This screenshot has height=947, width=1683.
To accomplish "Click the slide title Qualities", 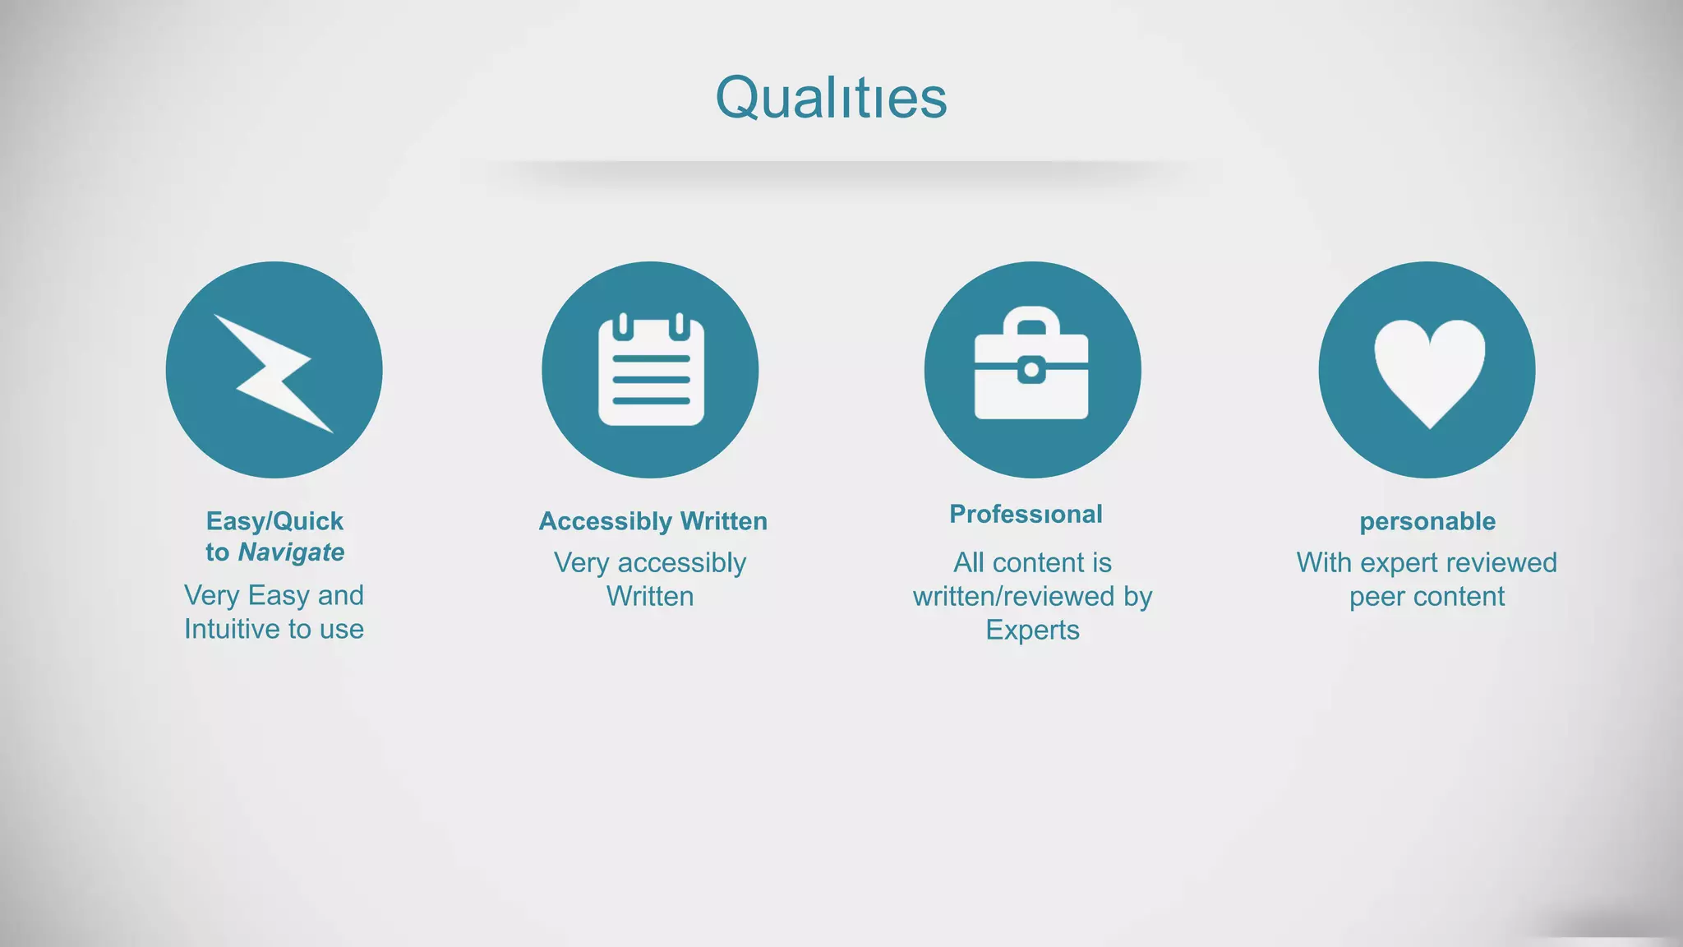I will coord(831,98).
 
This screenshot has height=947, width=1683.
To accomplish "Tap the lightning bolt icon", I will coord(274,372).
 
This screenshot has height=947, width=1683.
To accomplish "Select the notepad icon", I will coord(651,371).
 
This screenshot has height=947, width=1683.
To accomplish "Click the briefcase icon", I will coord(1031,365).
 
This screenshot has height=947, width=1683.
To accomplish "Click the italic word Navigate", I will coord(292,552).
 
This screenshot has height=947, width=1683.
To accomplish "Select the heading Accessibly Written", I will coord(652,521).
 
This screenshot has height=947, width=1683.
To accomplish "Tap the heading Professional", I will coord(1026,515).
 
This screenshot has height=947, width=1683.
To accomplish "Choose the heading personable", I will coord(1427,521).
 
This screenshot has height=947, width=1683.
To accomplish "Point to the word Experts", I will coord(1032,631).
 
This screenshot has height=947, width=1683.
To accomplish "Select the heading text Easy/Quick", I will coord(274,521).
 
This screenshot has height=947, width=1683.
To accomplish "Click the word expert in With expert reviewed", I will coord(1397,563).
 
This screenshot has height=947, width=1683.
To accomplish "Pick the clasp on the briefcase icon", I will coord(1031,371).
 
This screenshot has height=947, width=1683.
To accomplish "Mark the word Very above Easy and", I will coord(211,596).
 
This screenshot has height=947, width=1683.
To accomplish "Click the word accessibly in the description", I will coord(682,563).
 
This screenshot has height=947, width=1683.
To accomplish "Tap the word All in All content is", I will coord(969,563).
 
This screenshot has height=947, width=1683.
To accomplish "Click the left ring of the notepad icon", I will coord(624,326).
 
